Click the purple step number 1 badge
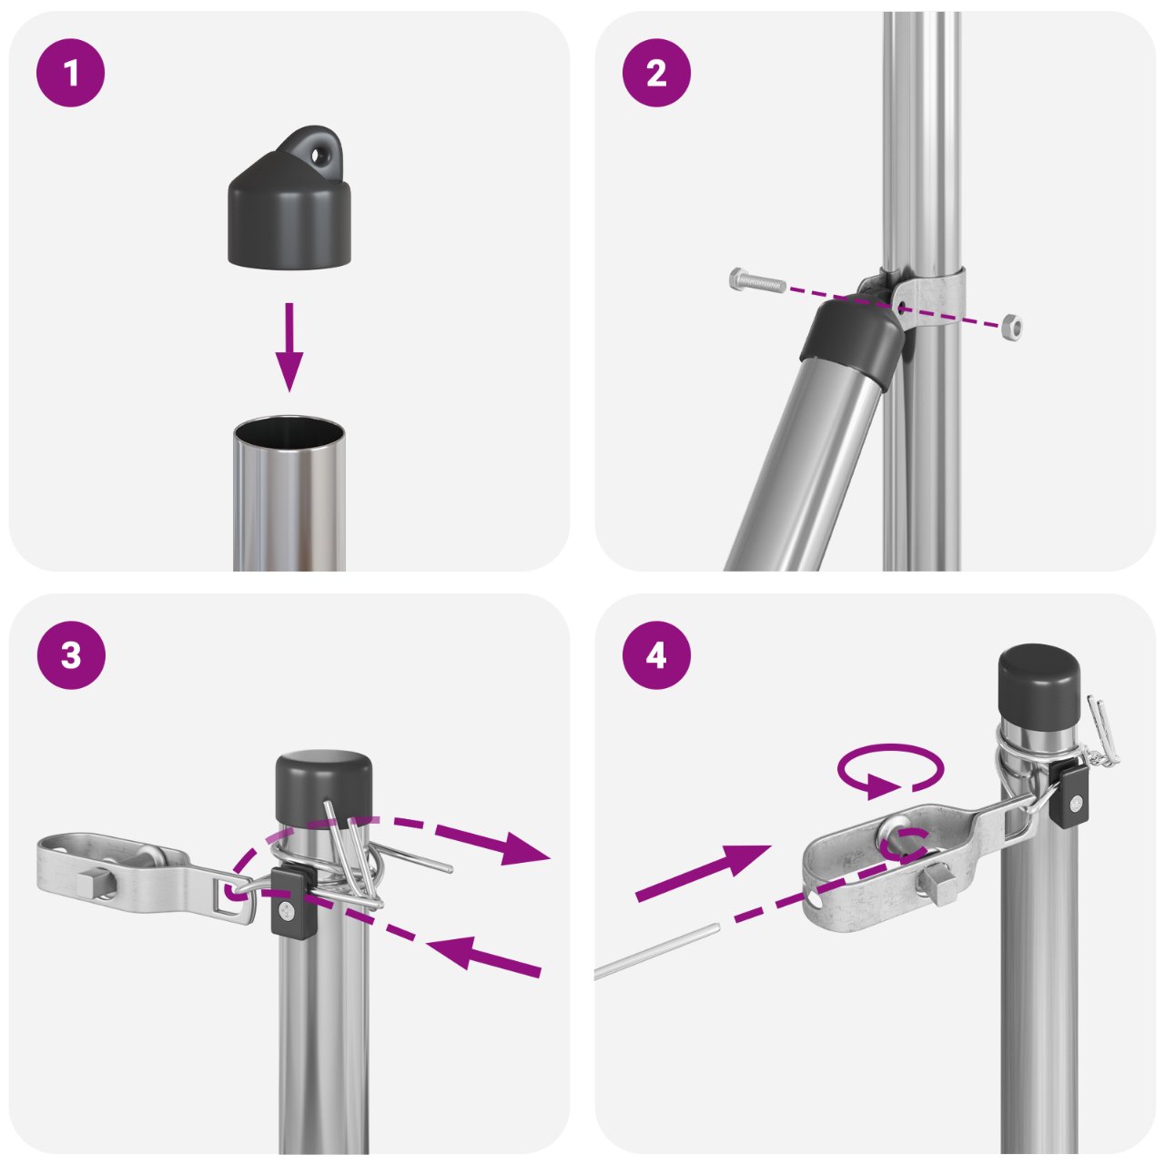point(71,73)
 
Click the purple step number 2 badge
point(656,73)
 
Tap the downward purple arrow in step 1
point(289,347)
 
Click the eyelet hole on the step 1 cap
point(319,156)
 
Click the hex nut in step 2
point(1011,325)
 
